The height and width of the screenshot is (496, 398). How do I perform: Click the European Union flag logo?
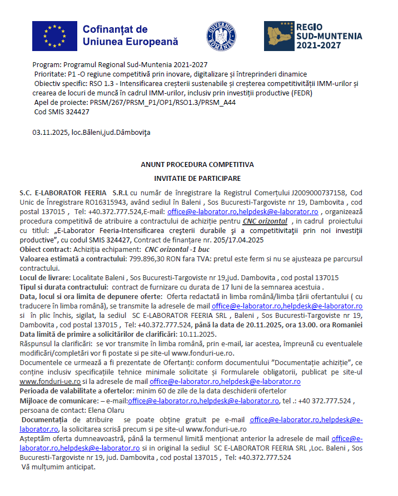click(x=54, y=36)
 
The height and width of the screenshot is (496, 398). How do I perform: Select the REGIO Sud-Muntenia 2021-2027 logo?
click(x=313, y=36)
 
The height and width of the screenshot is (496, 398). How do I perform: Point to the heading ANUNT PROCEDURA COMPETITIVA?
click(x=197, y=165)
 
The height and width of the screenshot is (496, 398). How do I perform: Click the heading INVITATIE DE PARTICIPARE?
click(x=197, y=179)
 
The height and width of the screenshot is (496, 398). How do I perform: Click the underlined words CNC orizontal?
click(x=265, y=221)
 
